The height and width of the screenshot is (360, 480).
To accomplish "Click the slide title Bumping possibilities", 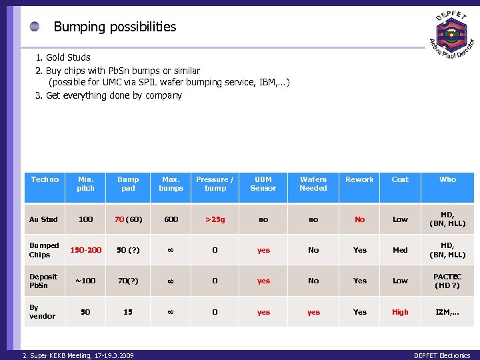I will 115,27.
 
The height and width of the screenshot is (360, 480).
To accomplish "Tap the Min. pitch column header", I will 86,183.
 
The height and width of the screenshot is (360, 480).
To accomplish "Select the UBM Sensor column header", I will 263,183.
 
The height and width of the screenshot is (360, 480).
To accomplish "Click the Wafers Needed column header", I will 313,183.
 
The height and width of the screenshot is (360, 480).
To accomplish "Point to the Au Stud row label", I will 44,219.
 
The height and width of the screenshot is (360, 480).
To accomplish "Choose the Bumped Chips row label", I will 44,250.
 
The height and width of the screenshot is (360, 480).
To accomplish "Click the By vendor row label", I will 42,311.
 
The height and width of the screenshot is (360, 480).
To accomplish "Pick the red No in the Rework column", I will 360,219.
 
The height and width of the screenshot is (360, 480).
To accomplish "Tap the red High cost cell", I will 400,311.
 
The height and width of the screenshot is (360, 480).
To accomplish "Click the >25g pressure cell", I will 215,219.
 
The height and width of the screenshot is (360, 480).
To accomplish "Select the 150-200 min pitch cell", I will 86,250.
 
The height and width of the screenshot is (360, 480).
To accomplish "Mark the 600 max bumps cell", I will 171,219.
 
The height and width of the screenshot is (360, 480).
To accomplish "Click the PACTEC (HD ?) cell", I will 447,281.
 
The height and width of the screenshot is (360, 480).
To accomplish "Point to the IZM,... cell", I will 447,311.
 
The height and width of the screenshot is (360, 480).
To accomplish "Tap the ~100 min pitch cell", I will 86,281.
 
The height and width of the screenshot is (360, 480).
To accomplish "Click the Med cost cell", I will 400,250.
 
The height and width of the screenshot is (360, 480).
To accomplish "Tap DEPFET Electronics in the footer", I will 441,355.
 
